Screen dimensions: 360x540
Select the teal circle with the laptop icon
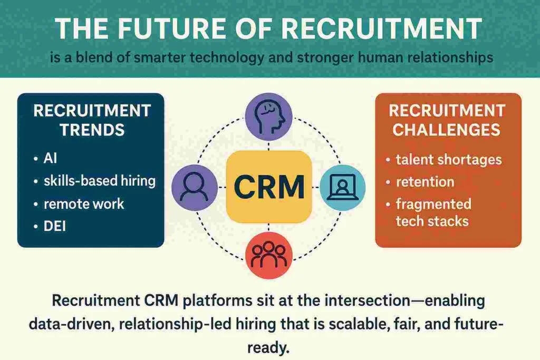pyautogui.click(x=342, y=187)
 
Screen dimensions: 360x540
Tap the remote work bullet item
pyautogui.click(x=84, y=204)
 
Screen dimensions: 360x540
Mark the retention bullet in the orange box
pyautogui.click(x=425, y=182)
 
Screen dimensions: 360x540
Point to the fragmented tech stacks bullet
pyautogui.click(x=432, y=212)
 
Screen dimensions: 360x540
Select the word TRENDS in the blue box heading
pyautogui.click(x=92, y=130)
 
